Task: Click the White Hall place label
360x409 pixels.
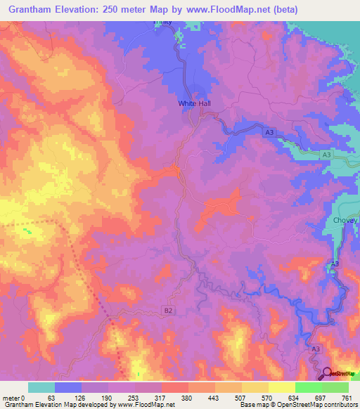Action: click(x=194, y=103)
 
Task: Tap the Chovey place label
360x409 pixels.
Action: click(x=345, y=221)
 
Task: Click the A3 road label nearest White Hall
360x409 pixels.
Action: click(x=269, y=131)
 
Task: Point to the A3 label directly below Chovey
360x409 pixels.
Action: click(x=335, y=264)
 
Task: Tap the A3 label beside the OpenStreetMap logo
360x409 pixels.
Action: click(x=316, y=349)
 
